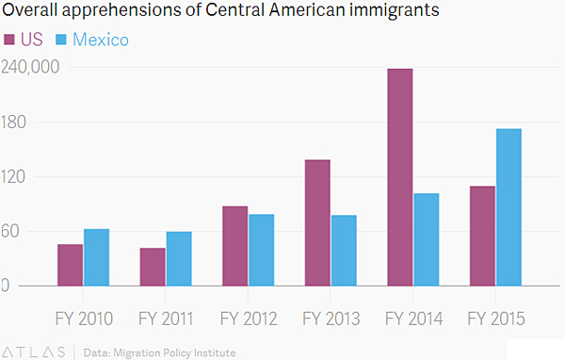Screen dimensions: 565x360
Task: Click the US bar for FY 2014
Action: point(400,177)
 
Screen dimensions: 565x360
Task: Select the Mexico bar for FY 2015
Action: point(508,207)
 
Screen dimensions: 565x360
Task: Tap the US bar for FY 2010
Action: point(71,265)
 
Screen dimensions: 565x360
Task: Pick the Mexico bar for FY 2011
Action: point(179,258)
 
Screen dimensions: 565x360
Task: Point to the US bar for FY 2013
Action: point(317,223)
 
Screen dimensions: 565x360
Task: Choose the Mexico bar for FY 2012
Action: point(261,250)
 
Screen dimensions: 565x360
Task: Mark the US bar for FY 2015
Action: point(482,237)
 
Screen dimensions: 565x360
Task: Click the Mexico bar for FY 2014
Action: point(427,239)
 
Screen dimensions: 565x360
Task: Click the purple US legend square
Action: point(9,40)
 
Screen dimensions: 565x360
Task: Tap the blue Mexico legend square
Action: point(61,40)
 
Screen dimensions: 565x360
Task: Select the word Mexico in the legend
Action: point(101,40)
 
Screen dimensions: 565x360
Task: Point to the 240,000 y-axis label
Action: point(30,67)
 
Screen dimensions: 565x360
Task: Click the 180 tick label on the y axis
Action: point(14,123)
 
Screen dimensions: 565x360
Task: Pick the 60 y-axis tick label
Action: point(10,231)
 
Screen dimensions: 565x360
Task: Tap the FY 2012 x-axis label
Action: point(249,319)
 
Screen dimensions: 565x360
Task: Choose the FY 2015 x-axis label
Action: point(496,319)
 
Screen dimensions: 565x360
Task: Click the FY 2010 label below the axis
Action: point(84,319)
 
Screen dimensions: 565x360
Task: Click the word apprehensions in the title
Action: point(122,10)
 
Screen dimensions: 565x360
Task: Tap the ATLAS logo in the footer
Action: point(34,352)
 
